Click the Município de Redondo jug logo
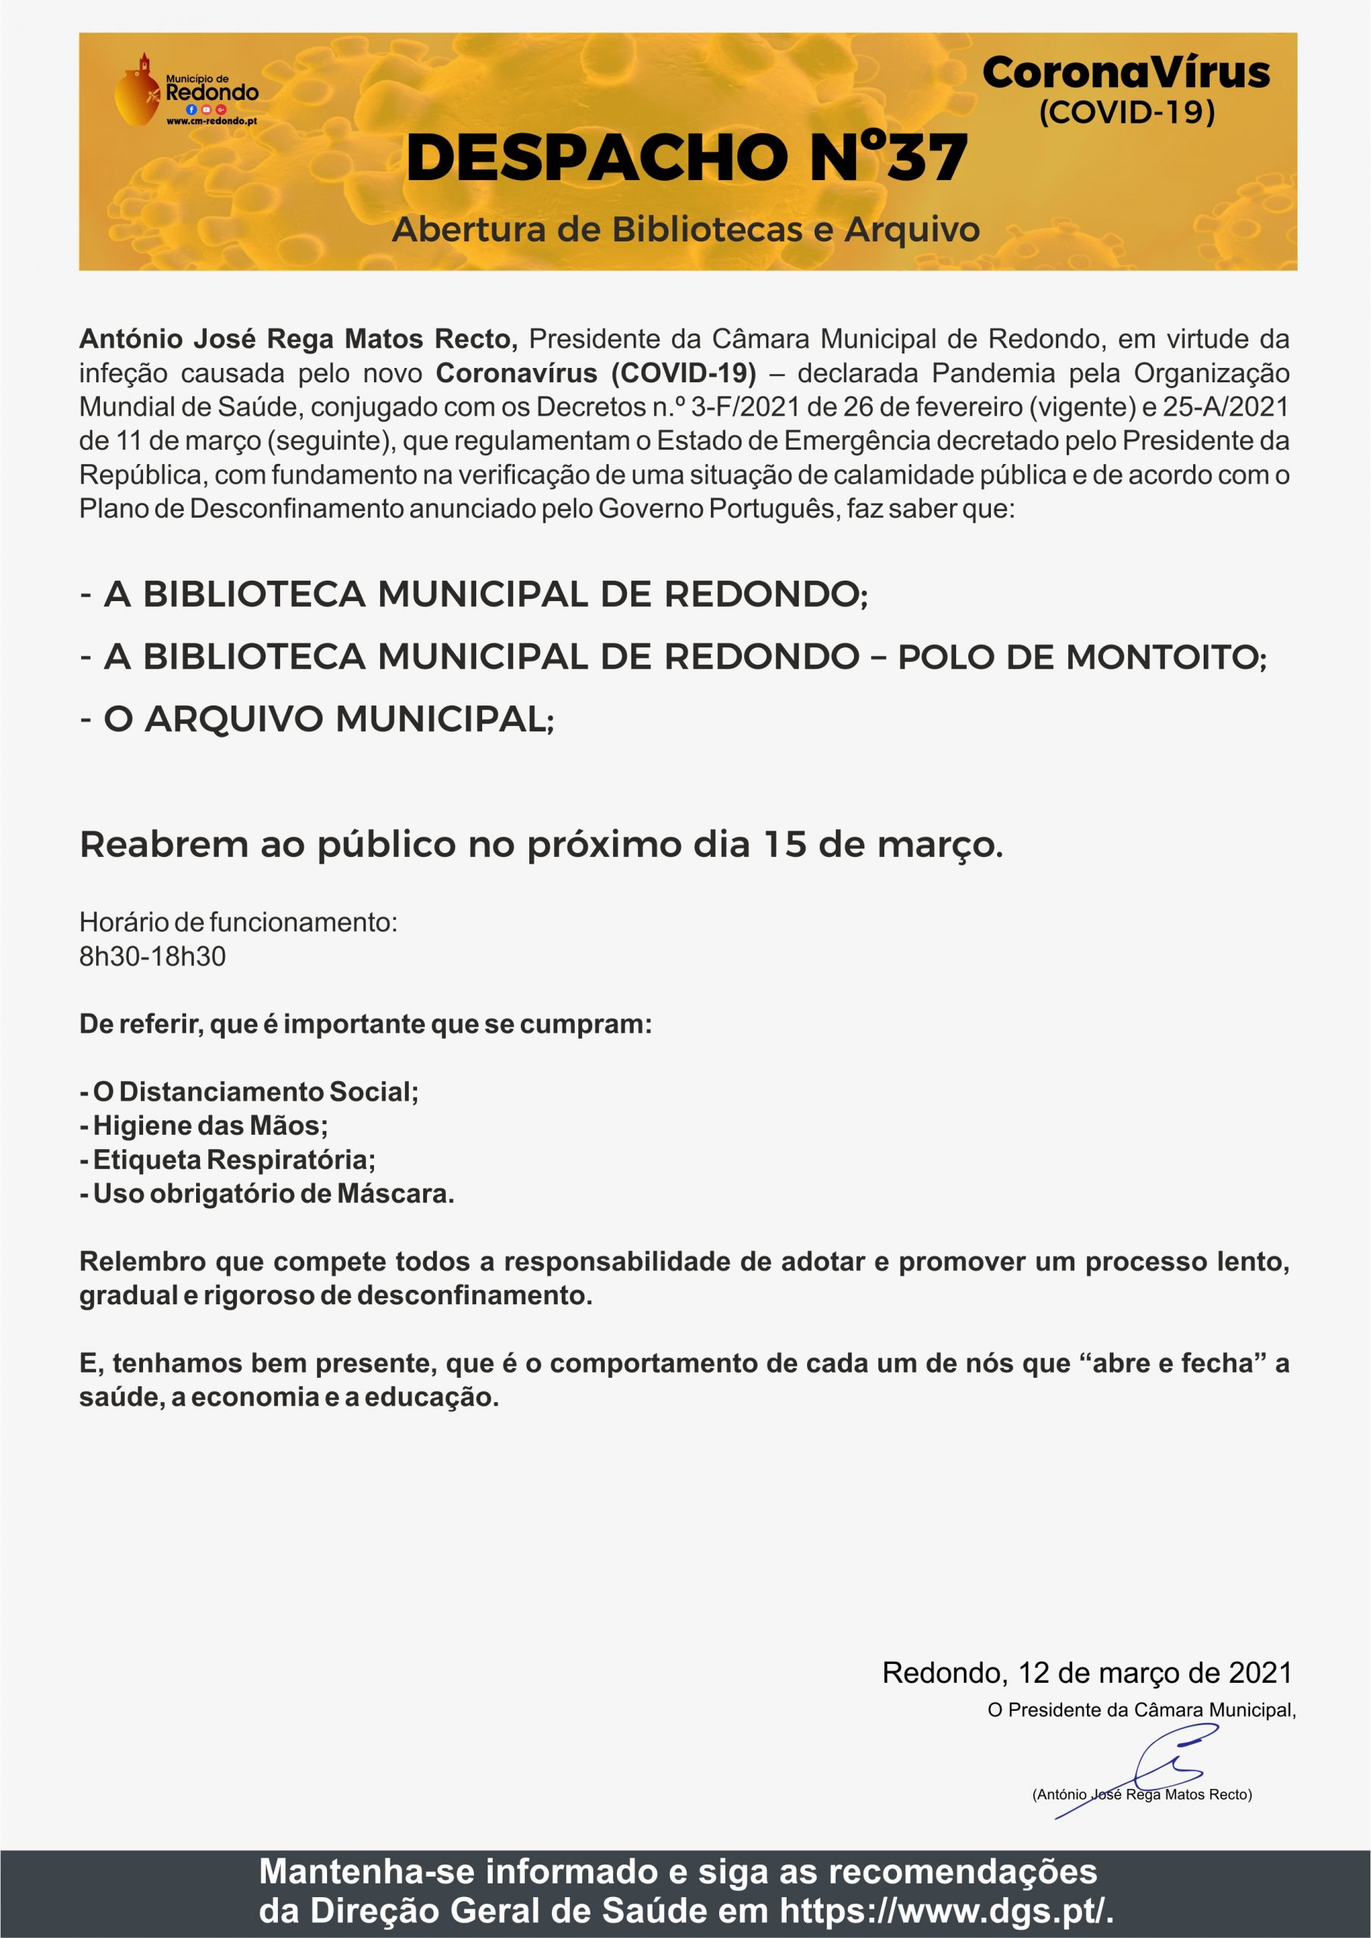tap(137, 90)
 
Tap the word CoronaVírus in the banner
tap(1126, 73)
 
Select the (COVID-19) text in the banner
tap(1126, 112)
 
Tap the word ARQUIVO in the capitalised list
tap(235, 720)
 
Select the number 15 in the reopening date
tap(785, 845)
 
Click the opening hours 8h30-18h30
tap(153, 957)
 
